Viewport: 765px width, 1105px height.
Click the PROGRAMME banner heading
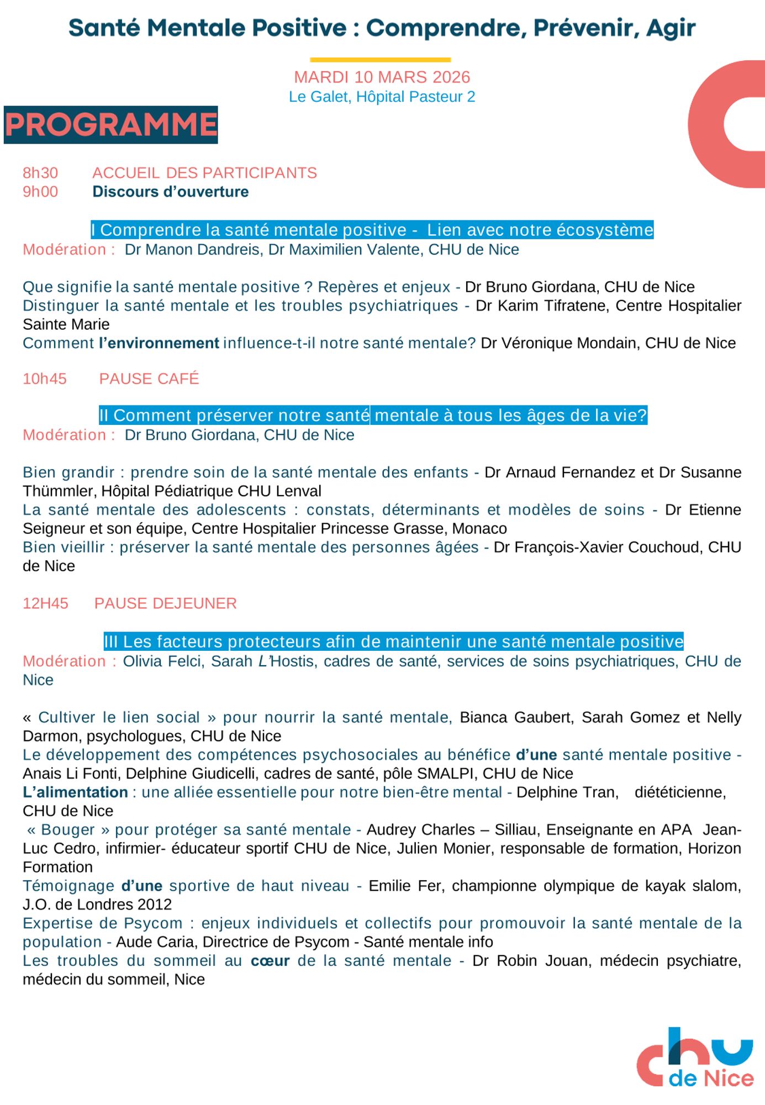point(110,125)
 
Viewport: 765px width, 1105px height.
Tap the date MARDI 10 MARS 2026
point(382,77)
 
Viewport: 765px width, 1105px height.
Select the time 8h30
point(40,173)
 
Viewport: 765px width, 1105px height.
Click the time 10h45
point(45,378)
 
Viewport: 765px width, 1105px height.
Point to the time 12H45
point(45,603)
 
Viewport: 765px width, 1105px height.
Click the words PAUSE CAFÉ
point(149,378)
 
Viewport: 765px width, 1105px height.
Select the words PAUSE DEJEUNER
point(165,603)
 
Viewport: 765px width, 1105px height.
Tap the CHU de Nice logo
point(695,1059)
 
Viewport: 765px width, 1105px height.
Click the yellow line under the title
point(380,60)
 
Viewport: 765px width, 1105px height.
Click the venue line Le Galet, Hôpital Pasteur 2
point(382,97)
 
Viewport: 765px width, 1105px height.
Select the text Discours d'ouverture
point(171,192)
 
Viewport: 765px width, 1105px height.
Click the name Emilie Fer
point(405,886)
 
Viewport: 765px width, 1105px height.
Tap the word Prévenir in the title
point(582,28)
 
